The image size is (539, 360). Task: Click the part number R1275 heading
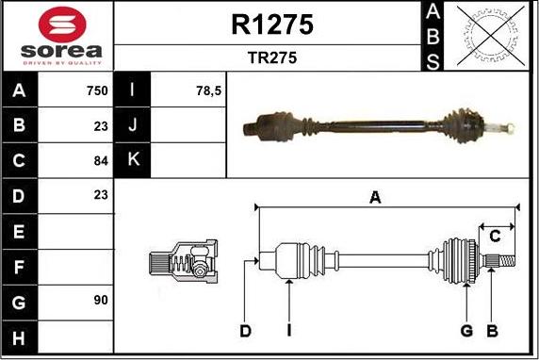pos(271,25)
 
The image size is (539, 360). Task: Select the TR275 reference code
pos(271,57)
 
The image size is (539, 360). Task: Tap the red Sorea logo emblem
pos(58,22)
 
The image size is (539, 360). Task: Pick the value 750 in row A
pos(95,90)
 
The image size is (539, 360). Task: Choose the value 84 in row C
pos(101,160)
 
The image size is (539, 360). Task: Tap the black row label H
pos(20,335)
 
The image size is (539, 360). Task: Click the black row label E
pos(20,230)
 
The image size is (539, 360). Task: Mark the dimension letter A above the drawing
pos(375,197)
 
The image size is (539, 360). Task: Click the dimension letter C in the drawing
pos(494,236)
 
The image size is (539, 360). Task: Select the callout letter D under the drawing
pos(245,331)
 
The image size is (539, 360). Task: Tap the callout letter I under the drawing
pos(290,331)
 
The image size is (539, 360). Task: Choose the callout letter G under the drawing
pos(466,331)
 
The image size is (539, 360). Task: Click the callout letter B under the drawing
pos(492,331)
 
